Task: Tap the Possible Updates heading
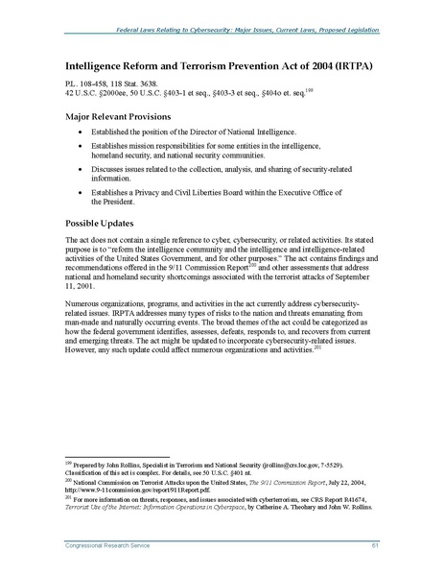point(100,217)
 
